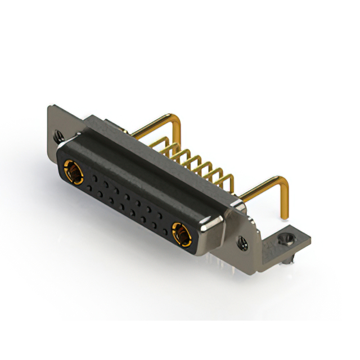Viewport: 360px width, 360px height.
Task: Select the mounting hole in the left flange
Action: pos(58,136)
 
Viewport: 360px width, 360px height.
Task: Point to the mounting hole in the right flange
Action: pos(242,243)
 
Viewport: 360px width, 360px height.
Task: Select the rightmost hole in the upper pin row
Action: pos(163,215)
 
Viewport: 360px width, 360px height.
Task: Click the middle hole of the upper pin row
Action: pos(127,195)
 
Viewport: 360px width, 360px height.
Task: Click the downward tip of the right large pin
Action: pos(285,213)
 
